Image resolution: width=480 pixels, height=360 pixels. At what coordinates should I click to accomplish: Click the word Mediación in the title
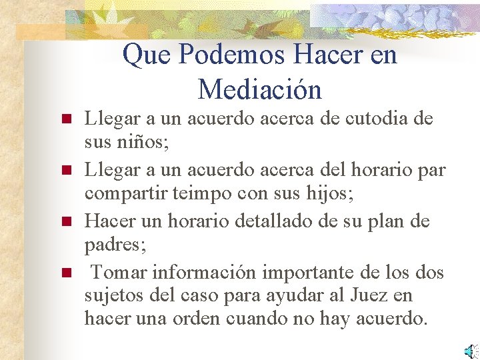[x=259, y=89]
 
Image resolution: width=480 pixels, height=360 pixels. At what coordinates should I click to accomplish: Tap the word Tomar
[x=119, y=271]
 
